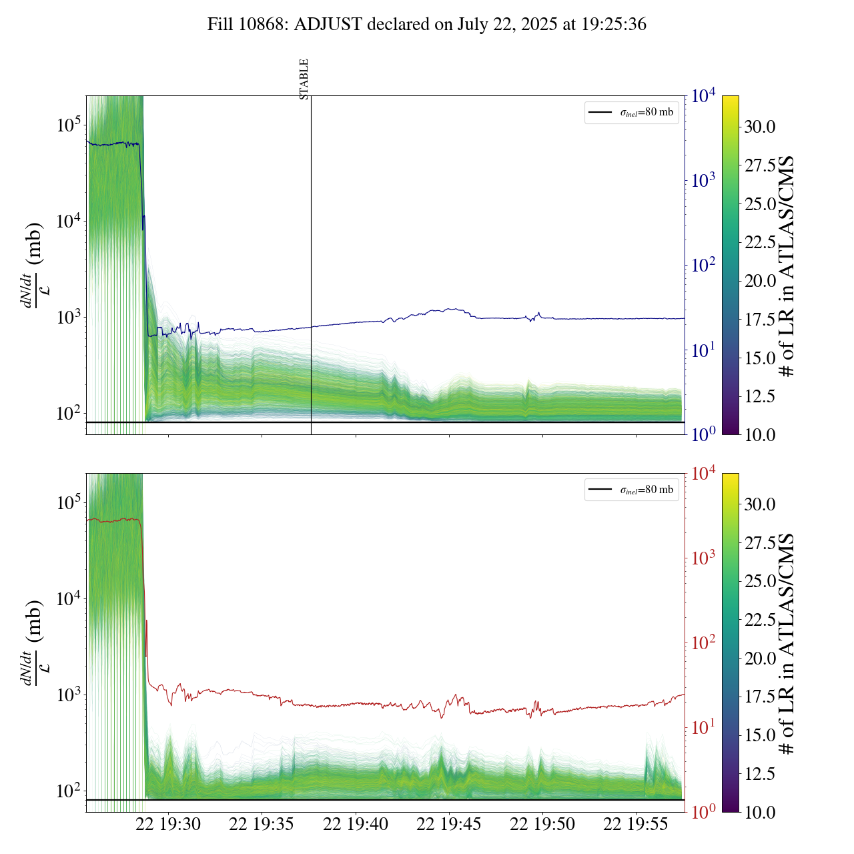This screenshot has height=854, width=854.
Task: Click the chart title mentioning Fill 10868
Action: pyautogui.click(x=427, y=25)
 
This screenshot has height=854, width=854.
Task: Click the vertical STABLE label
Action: pyautogui.click(x=304, y=79)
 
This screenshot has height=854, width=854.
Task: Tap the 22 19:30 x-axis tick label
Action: pyautogui.click(x=168, y=825)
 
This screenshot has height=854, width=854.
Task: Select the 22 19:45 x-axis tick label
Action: pyautogui.click(x=449, y=825)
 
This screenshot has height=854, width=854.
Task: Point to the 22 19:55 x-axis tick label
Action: pyautogui.click(x=636, y=825)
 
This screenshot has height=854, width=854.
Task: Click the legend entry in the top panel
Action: pyautogui.click(x=632, y=112)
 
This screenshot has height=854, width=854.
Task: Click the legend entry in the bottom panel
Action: pyautogui.click(x=632, y=490)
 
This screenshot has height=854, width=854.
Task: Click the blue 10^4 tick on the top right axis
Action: pyautogui.click(x=703, y=96)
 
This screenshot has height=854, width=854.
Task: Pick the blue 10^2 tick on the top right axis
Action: pyautogui.click(x=702, y=266)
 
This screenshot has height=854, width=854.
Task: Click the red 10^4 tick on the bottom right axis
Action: pyautogui.click(x=703, y=474)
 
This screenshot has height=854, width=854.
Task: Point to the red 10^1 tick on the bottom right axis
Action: pyautogui.click(x=702, y=728)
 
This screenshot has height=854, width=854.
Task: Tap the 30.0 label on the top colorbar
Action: pyautogui.click(x=760, y=127)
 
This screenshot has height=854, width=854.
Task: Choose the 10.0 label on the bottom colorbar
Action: pyautogui.click(x=760, y=812)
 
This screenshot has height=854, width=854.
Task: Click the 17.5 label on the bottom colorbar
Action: pyautogui.click(x=760, y=697)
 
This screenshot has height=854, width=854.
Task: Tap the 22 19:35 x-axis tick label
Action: pyautogui.click(x=262, y=825)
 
